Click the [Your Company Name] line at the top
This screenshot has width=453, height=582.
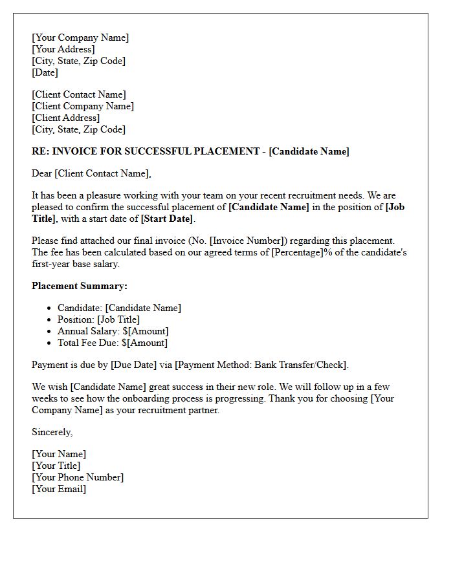tap(80, 38)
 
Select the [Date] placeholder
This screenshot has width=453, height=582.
tap(45, 72)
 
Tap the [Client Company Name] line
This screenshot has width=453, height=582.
tap(83, 106)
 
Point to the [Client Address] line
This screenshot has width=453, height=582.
tap(66, 118)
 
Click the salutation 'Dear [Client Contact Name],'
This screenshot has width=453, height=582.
tap(91, 173)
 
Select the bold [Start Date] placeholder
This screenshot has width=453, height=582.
tap(168, 219)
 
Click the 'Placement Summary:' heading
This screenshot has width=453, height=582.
tap(80, 286)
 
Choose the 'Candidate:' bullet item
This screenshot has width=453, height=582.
tap(119, 308)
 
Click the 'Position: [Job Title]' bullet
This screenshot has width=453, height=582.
tap(98, 319)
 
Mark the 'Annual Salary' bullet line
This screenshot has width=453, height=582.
tap(113, 331)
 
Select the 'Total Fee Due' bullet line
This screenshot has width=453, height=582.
tap(113, 343)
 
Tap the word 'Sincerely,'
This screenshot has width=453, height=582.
tap(52, 432)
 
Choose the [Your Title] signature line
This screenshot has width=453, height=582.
tap(56, 466)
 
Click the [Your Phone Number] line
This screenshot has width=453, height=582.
tap(78, 477)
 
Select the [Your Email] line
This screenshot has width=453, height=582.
tap(59, 489)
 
